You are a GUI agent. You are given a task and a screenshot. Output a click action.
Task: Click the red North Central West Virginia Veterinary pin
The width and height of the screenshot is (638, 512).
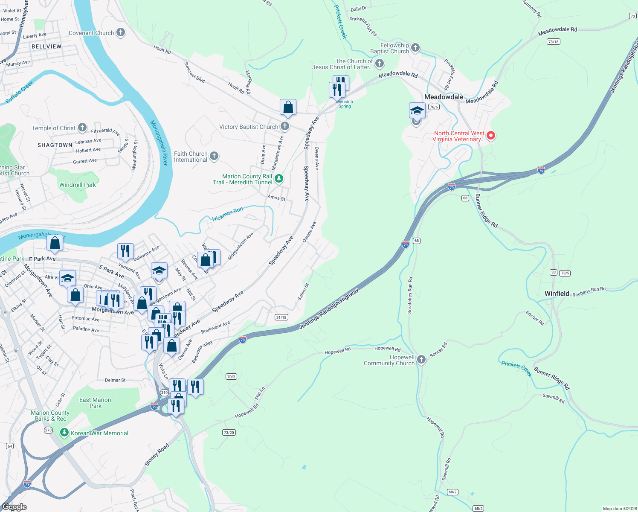click(x=490, y=136)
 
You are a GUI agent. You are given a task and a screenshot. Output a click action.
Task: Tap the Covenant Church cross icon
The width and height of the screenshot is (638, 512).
click(x=121, y=32)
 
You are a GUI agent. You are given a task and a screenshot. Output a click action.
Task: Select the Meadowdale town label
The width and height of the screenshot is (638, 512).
click(x=444, y=97)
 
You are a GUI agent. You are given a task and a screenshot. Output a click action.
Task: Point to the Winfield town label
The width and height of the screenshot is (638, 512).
click(x=557, y=294)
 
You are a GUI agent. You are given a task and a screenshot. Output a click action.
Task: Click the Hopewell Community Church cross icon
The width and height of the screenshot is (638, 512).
click(x=421, y=360)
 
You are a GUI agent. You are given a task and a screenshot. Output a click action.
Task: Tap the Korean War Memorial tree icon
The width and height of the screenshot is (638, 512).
click(x=64, y=433)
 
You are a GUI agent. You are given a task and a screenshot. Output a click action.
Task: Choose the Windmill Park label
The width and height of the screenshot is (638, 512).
click(x=78, y=185)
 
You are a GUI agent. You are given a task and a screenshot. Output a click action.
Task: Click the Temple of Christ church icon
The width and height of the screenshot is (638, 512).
click(x=82, y=128)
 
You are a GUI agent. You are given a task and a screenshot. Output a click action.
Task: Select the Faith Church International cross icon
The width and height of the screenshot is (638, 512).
click(x=214, y=156)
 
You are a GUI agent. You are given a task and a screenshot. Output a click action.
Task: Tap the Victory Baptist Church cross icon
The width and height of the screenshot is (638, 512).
click(x=285, y=126)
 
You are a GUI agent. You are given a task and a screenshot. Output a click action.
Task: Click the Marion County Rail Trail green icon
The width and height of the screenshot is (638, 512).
click(x=279, y=179)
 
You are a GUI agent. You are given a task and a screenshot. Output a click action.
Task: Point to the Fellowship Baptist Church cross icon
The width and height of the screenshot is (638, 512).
click(x=415, y=48)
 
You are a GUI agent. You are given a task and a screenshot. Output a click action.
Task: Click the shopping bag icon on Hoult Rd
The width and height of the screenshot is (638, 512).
click(x=288, y=107)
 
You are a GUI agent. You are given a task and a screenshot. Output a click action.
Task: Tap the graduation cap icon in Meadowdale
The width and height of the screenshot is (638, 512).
click(x=417, y=111)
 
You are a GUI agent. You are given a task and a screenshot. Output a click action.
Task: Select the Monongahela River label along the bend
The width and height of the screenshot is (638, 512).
click(x=159, y=143)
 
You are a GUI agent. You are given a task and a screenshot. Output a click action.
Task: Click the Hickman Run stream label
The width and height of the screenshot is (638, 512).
click(x=227, y=214)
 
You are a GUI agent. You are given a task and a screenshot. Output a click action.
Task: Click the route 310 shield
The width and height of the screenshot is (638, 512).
click(x=164, y=393)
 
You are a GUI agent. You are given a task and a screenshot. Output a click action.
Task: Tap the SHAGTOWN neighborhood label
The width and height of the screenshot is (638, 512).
click(x=55, y=145)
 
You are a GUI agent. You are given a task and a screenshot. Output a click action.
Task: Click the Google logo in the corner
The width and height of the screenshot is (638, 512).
click(x=14, y=507)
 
